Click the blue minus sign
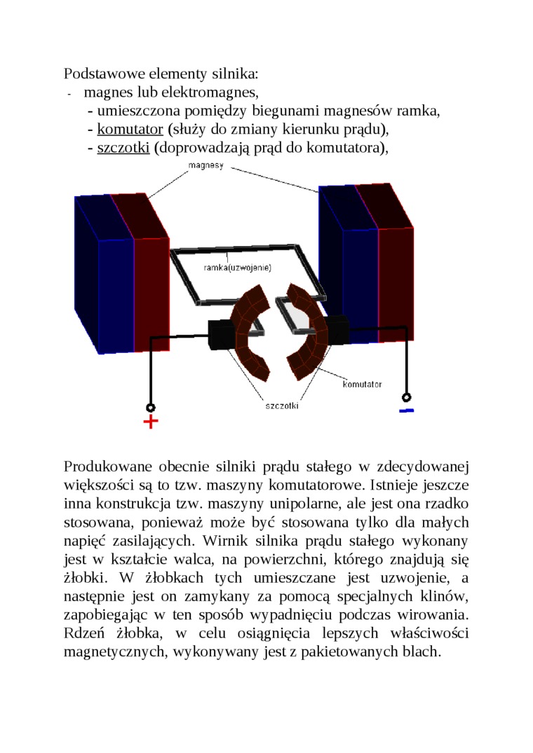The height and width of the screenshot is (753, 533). click(406, 410)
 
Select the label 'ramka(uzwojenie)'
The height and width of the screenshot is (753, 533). click(237, 268)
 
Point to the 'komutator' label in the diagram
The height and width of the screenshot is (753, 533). click(362, 385)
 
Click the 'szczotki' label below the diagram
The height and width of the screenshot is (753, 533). click(282, 406)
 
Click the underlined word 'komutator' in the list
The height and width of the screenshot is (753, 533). click(130, 129)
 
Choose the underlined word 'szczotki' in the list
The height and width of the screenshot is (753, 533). click(123, 148)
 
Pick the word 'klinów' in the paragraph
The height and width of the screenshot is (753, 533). click(444, 596)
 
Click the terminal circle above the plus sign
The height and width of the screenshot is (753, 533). click(150, 407)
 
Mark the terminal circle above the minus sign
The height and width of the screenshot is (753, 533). click(405, 396)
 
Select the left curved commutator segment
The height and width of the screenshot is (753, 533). click(250, 333)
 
